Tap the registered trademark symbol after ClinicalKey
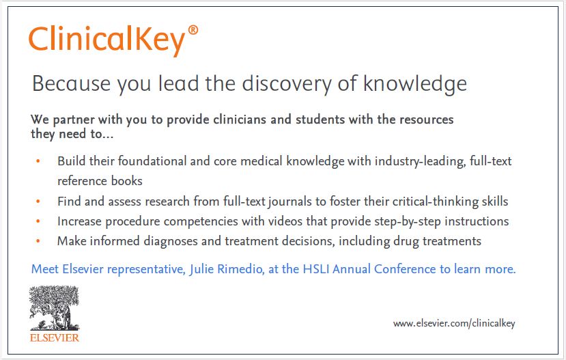coord(193,30)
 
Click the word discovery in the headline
coord(286,84)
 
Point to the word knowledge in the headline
coord(414,84)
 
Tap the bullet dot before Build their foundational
coord(38,161)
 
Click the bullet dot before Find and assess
coord(38,201)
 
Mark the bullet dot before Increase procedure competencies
coord(38,221)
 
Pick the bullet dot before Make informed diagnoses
coord(38,241)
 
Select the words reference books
coord(100,181)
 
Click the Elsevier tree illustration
coord(54,308)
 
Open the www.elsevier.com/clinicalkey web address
coord(454,323)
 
